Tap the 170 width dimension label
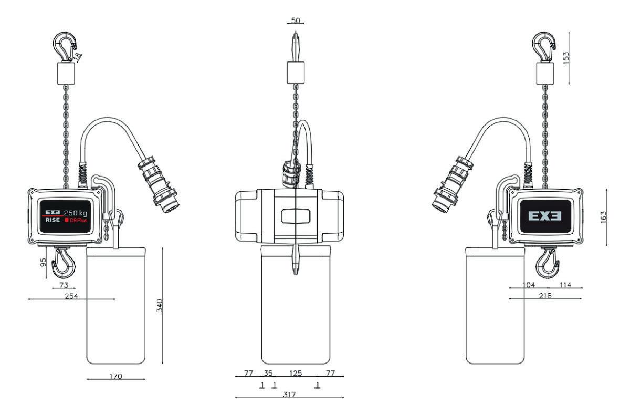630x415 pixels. click(115, 376)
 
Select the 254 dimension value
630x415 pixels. click(71, 296)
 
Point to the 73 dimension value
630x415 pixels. click(64, 285)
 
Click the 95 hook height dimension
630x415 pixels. click(43, 262)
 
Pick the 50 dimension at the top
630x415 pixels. click(296, 20)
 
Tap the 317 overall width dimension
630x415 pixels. click(289, 395)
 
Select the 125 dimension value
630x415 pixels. click(296, 373)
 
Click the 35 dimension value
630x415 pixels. click(268, 373)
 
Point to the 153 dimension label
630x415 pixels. click(565, 58)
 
